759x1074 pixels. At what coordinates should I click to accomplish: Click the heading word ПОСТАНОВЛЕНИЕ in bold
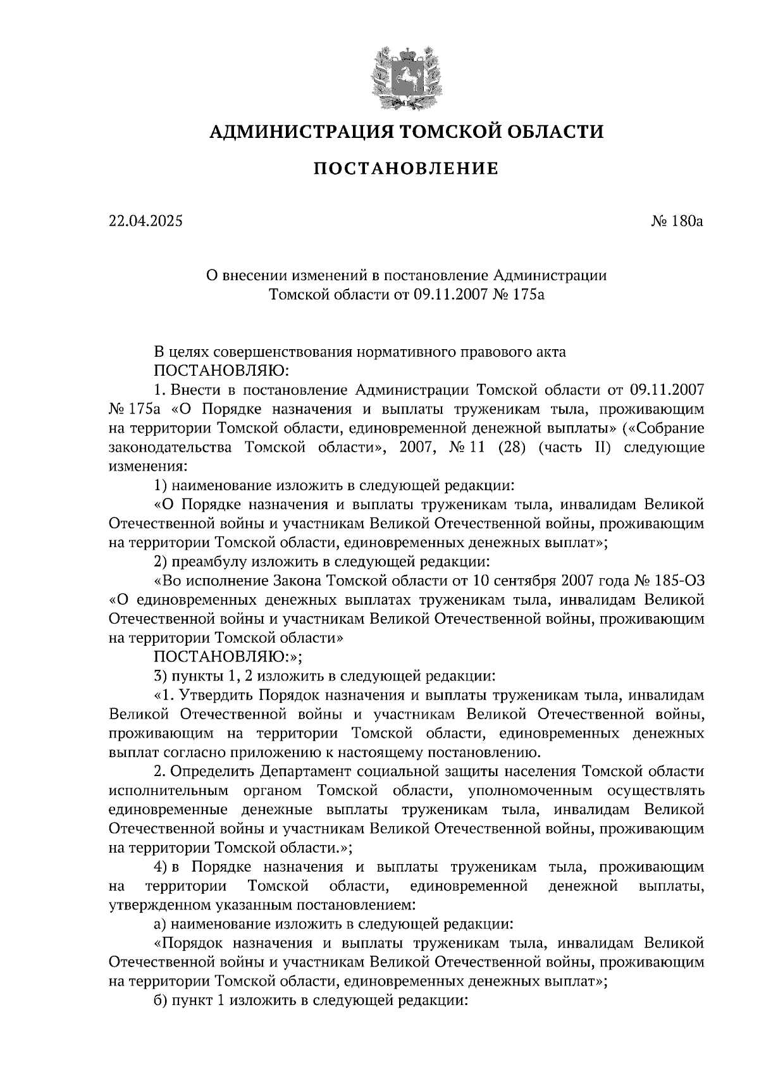click(406, 168)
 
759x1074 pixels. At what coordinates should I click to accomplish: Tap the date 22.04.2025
click(145, 221)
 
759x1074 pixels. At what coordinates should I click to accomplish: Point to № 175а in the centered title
click(517, 294)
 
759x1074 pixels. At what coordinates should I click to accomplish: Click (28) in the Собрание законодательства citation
click(511, 447)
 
